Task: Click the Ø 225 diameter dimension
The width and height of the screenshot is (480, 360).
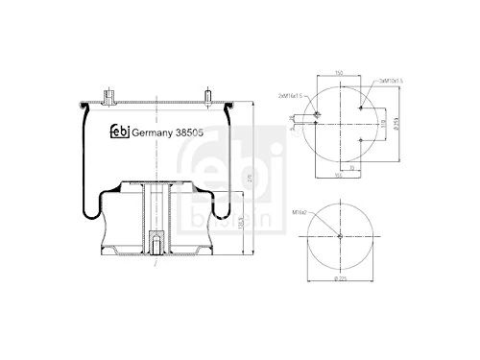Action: point(340,278)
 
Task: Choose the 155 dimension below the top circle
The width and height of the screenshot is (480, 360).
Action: point(339,176)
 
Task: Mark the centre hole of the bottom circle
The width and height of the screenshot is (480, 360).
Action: point(341,237)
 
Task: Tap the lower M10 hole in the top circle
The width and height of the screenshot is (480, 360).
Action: point(359,141)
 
